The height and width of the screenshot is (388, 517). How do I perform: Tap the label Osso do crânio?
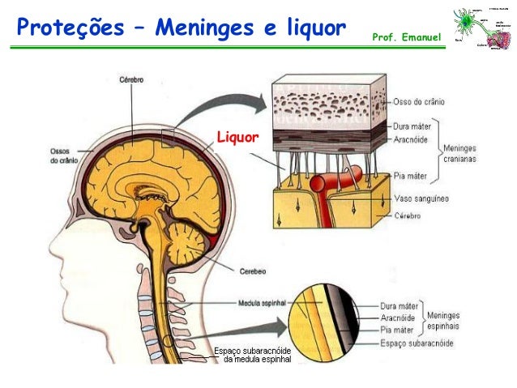coord(421,103)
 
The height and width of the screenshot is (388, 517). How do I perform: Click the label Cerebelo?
coord(253,271)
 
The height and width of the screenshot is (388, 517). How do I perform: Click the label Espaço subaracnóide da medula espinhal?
coord(253,354)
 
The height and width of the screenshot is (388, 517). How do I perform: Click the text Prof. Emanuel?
coord(407,38)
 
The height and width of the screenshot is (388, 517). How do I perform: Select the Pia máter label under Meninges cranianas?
coord(412,173)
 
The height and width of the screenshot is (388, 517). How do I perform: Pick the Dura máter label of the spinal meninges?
coord(399,307)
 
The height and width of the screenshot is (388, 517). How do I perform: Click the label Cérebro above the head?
coord(132,80)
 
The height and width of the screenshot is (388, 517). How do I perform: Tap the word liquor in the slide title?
coord(306,29)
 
